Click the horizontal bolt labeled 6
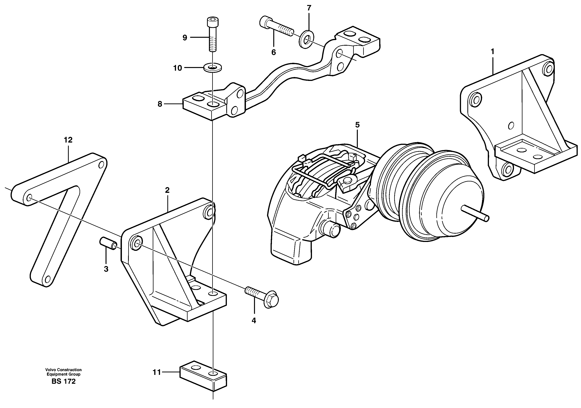pyautogui.click(x=276, y=28)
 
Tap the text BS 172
pyautogui.click(x=64, y=381)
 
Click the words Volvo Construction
pyautogui.click(x=64, y=370)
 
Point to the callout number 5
pyautogui.click(x=357, y=125)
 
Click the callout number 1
pyautogui.click(x=492, y=52)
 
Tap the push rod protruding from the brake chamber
pyautogui.click(x=475, y=213)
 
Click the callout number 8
pyautogui.click(x=160, y=104)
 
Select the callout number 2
pyautogui.click(x=167, y=190)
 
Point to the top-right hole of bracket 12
pyautogui.click(x=101, y=165)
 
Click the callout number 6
pyautogui.click(x=273, y=52)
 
